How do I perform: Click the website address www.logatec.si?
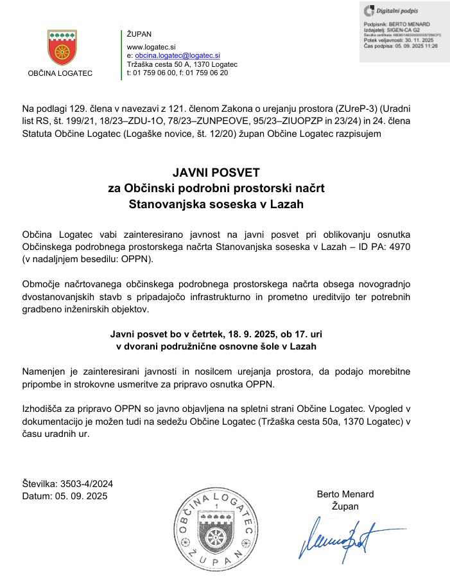point(151,47)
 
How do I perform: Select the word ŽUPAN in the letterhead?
point(139,33)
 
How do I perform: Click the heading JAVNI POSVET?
point(216,173)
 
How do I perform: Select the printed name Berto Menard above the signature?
point(345,494)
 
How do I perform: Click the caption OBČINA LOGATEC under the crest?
point(60,73)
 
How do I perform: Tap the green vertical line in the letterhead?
point(122,55)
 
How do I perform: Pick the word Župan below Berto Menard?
point(345,506)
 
